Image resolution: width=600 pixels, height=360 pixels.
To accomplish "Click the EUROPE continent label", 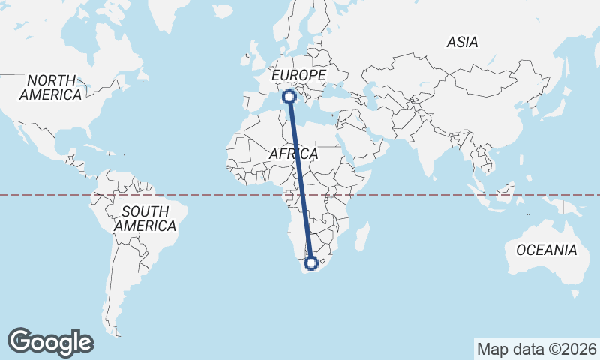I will pyautogui.click(x=298, y=76).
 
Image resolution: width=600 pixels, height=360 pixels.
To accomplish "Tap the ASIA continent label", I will pyautogui.click(x=462, y=43).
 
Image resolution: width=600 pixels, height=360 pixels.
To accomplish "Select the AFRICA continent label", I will pyautogui.click(x=294, y=154).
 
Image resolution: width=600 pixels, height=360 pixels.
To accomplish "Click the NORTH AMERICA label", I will pyautogui.click(x=51, y=88).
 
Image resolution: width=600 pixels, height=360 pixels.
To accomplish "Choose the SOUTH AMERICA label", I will pyautogui.click(x=145, y=218).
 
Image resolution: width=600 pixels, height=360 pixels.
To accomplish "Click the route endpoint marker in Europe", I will pyautogui.click(x=288, y=96).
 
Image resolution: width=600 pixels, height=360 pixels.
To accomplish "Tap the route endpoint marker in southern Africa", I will pyautogui.click(x=311, y=263).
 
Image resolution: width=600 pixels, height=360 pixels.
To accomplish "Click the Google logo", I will pyautogui.click(x=50, y=341).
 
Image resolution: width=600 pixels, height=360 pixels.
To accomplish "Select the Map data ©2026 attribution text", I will pyautogui.click(x=536, y=349).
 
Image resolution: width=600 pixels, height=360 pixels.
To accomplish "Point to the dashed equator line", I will pyautogui.click(x=450, y=195).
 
